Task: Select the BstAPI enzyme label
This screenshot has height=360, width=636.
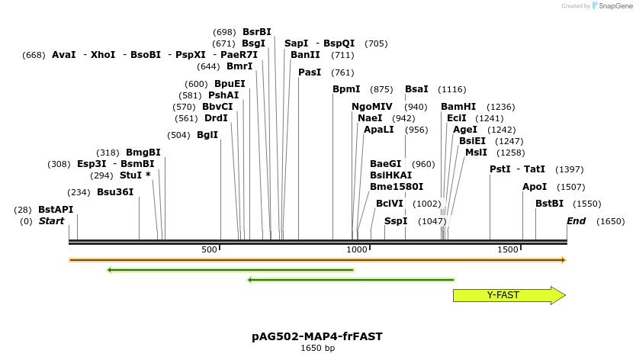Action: (56, 209)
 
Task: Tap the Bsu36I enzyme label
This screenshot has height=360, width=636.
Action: (115, 192)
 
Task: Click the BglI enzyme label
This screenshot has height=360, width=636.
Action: (207, 135)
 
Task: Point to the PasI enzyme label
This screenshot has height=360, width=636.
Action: (310, 72)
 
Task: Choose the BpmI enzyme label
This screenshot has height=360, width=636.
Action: (346, 89)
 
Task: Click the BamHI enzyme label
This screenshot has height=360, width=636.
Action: (458, 107)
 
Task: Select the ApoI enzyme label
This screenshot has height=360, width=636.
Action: (535, 187)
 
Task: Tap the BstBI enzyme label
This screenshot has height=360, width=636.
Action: (549, 204)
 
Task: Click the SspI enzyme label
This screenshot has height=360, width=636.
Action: (396, 221)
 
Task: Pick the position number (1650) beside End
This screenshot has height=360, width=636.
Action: (610, 221)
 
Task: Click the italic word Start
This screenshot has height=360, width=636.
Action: (52, 221)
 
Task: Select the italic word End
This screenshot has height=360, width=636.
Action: (576, 221)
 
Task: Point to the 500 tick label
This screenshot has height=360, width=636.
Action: (209, 250)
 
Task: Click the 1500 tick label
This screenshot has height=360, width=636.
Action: (508, 250)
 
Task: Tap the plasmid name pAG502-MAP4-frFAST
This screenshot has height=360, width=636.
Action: (317, 336)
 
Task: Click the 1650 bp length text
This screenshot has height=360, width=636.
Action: (317, 349)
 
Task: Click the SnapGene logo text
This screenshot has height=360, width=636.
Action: (614, 6)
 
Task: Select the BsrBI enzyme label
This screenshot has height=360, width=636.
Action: (256, 32)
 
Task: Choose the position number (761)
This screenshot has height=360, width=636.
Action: (342, 72)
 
